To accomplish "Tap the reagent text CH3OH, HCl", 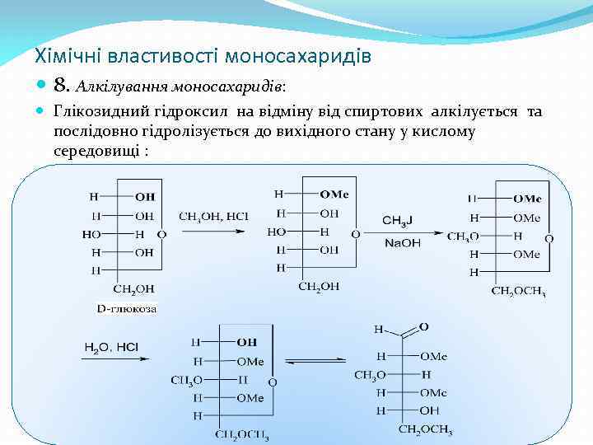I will coord(213,217).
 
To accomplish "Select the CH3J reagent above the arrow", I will coord(401,220).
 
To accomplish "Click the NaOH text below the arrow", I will coord(401,243).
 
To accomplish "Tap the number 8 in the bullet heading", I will coord(60,84).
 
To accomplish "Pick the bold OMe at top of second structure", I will coord(334,194).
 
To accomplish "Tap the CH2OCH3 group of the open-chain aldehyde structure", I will coord(425,429).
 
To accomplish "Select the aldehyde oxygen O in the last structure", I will coord(424,327).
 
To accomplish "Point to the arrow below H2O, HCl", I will coord(114,359).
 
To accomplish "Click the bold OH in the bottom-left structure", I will coord(246,342).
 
